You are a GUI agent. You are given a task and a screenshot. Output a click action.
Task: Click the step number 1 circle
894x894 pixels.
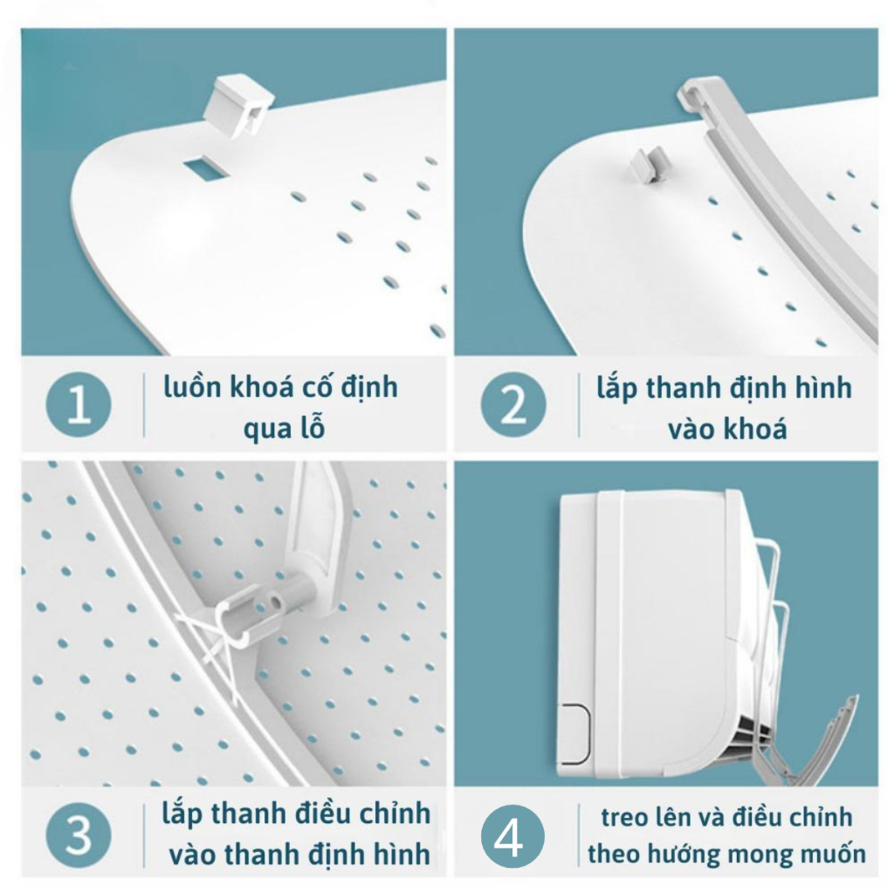coord(79,405)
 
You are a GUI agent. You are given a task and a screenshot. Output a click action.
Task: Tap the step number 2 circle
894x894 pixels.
coord(513,405)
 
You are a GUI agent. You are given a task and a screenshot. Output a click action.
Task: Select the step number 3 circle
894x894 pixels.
coord(79,835)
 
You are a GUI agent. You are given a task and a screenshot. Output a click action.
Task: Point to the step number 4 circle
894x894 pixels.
coord(512,836)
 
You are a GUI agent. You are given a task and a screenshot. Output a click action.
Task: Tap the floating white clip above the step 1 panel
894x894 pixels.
coord(237,106)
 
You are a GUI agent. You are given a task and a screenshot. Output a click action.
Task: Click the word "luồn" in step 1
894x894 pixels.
coord(191,387)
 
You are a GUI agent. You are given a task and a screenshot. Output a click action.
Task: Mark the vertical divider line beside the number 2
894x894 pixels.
coord(580,405)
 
